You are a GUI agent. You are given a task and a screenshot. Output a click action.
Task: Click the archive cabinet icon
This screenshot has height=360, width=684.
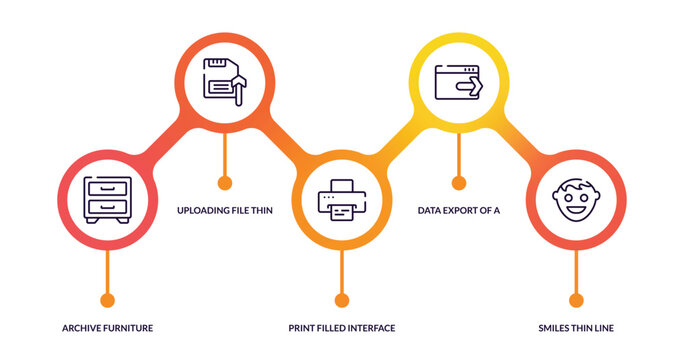[107, 198]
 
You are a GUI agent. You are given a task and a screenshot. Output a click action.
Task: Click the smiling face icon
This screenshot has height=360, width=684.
[575, 200]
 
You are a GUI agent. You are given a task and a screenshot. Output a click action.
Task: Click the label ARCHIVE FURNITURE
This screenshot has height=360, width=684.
[107, 328]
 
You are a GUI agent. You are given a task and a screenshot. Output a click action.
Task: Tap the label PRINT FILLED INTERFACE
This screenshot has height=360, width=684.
[342, 328]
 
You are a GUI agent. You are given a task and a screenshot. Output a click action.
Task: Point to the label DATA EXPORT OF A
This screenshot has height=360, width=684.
[458, 211]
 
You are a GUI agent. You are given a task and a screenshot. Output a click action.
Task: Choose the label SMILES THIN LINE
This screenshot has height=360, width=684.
[575, 328]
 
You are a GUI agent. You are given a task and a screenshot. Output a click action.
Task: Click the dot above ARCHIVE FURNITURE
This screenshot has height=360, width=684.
[108, 299]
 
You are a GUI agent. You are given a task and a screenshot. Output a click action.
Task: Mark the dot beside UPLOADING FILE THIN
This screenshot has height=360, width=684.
[225, 182]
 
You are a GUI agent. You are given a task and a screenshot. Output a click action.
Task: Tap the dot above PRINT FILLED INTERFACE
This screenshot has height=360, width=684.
[342, 299]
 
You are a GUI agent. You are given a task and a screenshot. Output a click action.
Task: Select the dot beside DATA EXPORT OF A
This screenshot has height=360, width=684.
[459, 182]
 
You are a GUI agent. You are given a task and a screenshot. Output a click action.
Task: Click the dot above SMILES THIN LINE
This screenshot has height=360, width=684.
[575, 299]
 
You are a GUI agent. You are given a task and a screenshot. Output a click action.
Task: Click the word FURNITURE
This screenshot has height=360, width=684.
[129, 328]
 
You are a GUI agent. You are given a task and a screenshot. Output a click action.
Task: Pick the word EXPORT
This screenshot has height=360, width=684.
[463, 211]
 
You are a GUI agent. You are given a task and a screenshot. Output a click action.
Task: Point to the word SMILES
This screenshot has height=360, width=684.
[555, 328]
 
